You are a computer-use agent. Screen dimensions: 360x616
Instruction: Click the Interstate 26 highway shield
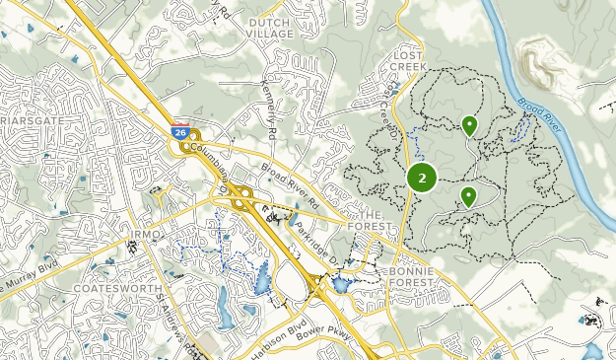click(180, 130)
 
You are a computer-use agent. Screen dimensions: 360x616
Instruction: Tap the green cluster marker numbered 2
click(422, 178)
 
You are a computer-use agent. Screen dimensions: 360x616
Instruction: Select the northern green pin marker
click(469, 125)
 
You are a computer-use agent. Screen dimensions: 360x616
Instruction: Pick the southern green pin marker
click(468, 196)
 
